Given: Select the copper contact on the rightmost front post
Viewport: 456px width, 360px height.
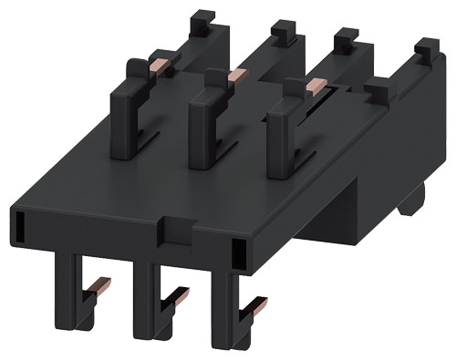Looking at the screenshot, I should [x=316, y=84].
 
